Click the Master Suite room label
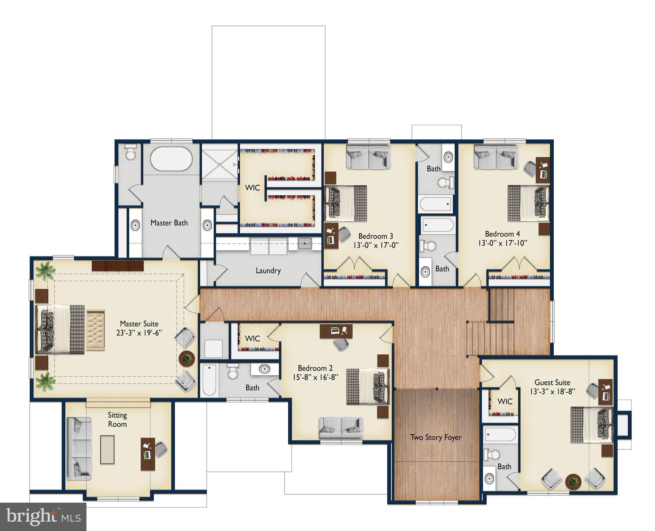click(139, 324)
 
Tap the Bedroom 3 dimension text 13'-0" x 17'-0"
click(376, 245)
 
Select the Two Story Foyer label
click(436, 437)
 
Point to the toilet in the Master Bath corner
click(131, 152)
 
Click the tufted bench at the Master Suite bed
click(95, 329)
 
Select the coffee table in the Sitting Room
click(107, 449)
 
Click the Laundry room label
click(268, 271)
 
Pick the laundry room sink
click(305, 244)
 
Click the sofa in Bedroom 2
click(341, 428)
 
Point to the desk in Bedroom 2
click(336, 331)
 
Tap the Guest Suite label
click(552, 382)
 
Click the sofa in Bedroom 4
click(496, 157)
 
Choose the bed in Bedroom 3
click(346, 203)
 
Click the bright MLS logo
click(43, 517)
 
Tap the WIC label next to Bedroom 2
click(252, 338)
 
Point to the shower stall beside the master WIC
click(220, 164)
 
